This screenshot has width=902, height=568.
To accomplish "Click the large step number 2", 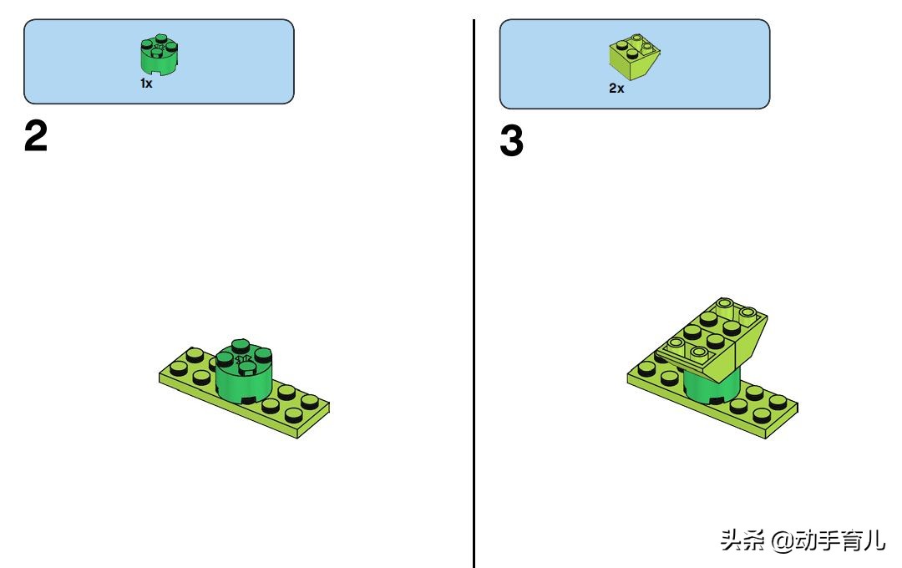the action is [x=36, y=136].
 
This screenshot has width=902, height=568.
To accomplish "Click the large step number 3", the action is [x=511, y=141].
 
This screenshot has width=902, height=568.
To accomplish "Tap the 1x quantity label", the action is [x=146, y=84].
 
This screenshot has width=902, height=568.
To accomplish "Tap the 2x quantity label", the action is [x=616, y=88].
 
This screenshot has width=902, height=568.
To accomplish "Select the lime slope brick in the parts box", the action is [x=634, y=57].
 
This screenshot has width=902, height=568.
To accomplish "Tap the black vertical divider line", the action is [x=474, y=293].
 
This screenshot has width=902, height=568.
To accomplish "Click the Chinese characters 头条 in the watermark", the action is [x=742, y=540].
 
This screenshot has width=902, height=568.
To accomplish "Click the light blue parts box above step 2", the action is [x=159, y=62].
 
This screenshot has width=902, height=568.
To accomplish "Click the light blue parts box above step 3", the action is [x=635, y=63].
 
